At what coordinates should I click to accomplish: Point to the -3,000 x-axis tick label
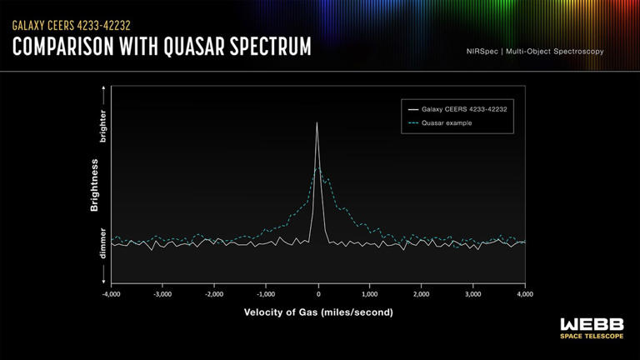pyautogui.click(x=162, y=294)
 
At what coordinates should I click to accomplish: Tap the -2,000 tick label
pyautogui.click(x=214, y=294)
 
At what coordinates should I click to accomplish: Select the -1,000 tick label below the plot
pyautogui.click(x=266, y=294)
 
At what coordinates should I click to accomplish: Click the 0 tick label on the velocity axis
pyautogui.click(x=318, y=294)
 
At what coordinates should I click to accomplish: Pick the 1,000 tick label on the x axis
pyautogui.click(x=370, y=294)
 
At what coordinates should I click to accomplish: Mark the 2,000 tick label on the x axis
pyautogui.click(x=422, y=294)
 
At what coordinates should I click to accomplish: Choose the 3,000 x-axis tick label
pyautogui.click(x=473, y=294)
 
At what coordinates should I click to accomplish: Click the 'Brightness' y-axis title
pyautogui.click(x=95, y=185)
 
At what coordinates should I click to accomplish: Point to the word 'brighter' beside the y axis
pyautogui.click(x=103, y=123)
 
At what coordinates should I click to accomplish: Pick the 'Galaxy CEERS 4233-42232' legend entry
pyautogui.click(x=458, y=109)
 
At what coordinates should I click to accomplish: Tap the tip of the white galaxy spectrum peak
pyautogui.click(x=317, y=123)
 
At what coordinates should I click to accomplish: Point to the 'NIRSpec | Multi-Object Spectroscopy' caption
pyautogui.click(x=535, y=52)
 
